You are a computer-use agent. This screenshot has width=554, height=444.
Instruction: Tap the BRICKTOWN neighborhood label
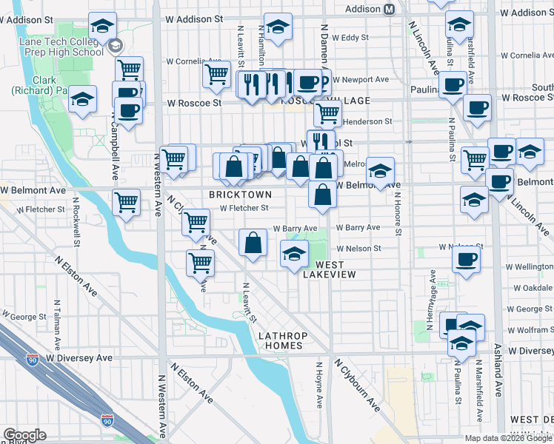[x=236, y=194]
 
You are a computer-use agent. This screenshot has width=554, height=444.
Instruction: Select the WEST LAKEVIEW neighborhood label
[x=330, y=269]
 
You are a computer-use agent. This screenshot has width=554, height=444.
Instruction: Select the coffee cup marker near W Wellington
[x=467, y=259]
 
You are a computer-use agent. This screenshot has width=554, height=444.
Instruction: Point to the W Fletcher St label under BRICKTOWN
[x=244, y=209]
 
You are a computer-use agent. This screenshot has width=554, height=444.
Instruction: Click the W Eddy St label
[x=350, y=36]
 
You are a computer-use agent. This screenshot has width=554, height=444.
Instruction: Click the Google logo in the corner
[x=24, y=435]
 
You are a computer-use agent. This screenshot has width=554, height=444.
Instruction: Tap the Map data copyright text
[x=508, y=438]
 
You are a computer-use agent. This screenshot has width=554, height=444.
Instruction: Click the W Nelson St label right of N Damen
[x=358, y=249]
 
